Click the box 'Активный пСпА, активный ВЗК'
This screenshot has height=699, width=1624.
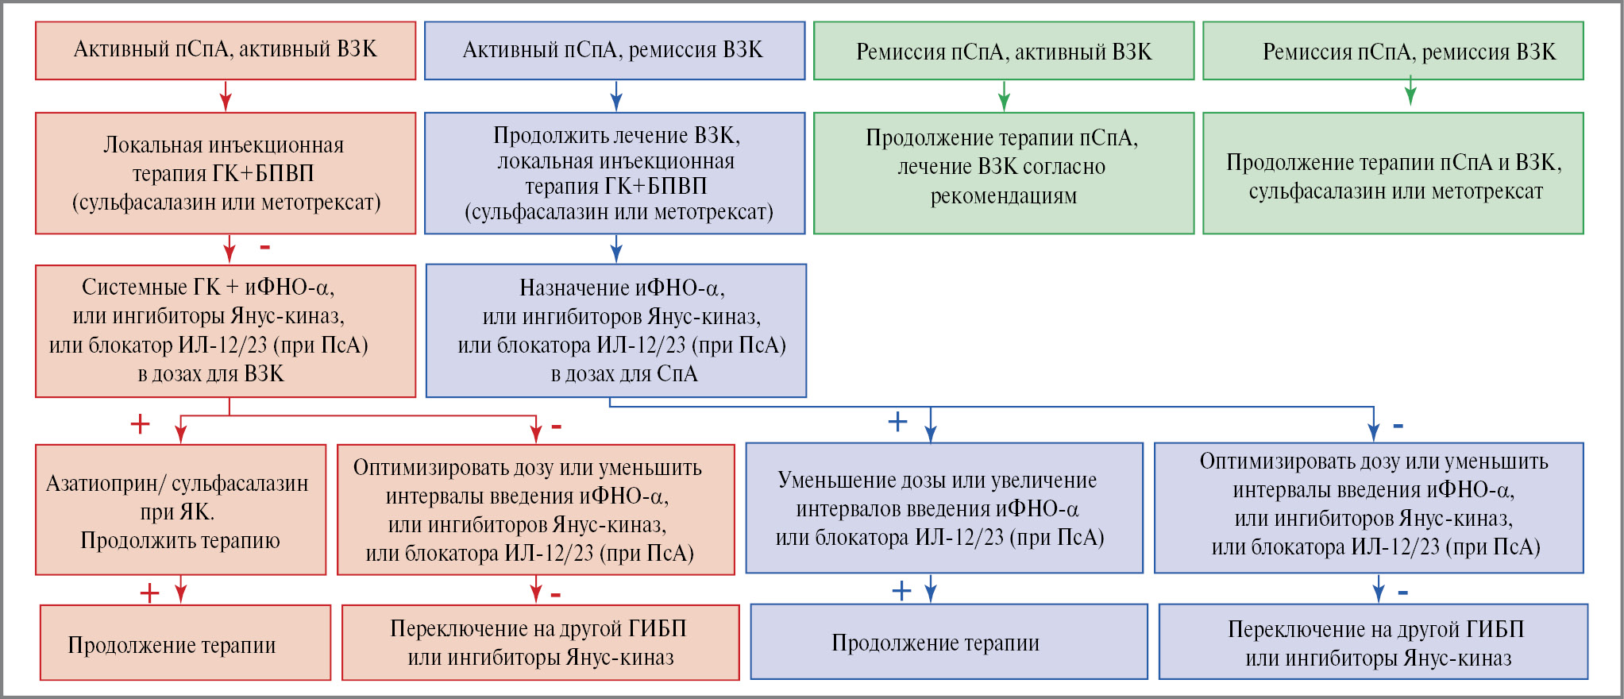click(226, 50)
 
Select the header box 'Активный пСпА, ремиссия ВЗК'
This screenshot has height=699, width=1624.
click(614, 51)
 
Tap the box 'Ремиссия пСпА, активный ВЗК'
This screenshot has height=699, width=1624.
click(1003, 52)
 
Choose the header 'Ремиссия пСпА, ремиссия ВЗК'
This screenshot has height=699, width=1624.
click(1393, 52)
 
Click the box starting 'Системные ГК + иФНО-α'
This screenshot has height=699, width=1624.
click(226, 330)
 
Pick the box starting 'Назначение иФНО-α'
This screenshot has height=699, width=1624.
click(616, 330)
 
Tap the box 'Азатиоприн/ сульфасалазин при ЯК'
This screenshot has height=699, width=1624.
click(180, 510)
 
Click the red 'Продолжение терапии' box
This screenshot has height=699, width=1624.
click(185, 643)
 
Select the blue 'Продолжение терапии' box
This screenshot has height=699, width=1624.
click(949, 642)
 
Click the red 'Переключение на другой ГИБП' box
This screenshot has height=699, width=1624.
click(540, 643)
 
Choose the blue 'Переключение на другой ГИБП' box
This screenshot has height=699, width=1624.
click(1373, 642)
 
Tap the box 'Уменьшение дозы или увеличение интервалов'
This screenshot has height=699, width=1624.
click(944, 508)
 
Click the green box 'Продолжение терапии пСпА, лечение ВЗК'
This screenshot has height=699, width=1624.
click(1003, 173)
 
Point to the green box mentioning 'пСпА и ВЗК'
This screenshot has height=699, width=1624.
click(1393, 173)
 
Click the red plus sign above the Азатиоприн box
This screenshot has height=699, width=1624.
click(140, 424)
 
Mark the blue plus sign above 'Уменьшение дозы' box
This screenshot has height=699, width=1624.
click(897, 422)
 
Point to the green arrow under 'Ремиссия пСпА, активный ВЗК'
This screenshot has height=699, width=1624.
click(1004, 98)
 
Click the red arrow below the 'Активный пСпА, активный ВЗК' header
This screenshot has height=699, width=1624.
click(226, 98)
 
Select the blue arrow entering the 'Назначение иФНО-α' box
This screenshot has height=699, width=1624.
click(616, 251)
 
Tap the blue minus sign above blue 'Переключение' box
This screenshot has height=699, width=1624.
click(1402, 593)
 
